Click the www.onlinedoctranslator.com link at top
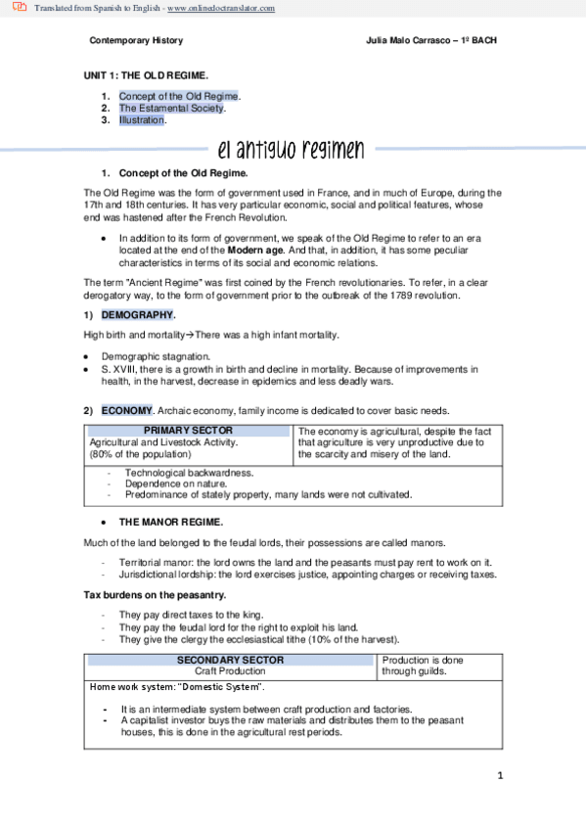pyautogui.click(x=222, y=8)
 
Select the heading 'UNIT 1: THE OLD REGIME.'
pyautogui.click(x=146, y=75)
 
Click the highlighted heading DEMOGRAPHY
pyautogui.click(x=138, y=314)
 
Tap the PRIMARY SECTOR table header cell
pyautogui.click(x=188, y=431)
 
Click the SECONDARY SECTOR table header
pyautogui.click(x=231, y=660)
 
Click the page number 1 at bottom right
pyautogui.click(x=500, y=776)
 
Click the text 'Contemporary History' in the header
pyautogui.click(x=135, y=41)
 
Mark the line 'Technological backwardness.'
pyautogui.click(x=189, y=473)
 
